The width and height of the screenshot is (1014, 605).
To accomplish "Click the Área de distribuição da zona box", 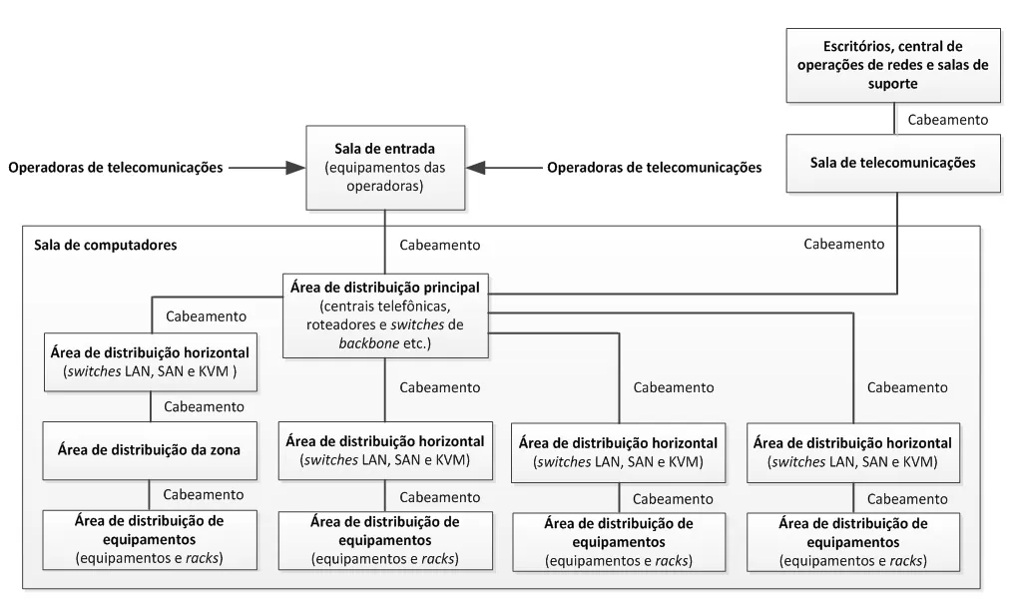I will (150, 450).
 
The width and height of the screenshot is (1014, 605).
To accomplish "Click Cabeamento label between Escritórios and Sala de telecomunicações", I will (944, 119).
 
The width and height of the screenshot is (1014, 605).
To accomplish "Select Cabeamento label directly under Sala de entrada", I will (439, 245).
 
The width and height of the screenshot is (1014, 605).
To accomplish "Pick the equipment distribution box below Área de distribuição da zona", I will (150, 539).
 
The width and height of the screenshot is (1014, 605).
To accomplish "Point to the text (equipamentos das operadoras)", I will (383, 176).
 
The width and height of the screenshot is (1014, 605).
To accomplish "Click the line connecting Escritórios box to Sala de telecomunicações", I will (895, 118).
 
